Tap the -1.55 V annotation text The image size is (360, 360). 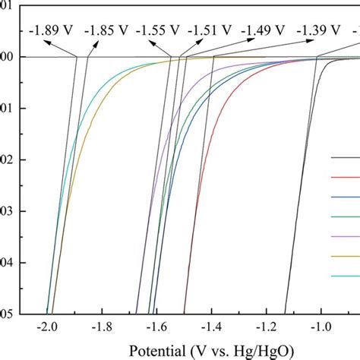(x=159, y=31)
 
